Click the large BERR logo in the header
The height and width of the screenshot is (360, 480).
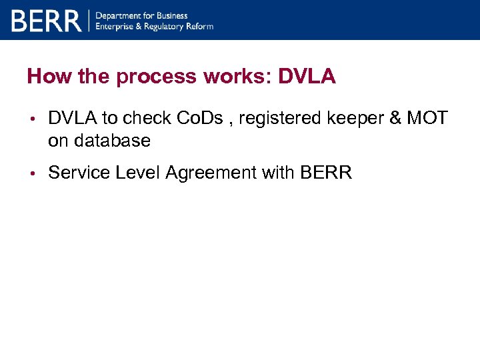(x=45, y=20)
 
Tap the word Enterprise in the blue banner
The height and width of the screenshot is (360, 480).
(x=117, y=26)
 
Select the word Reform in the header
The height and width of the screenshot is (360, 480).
(x=199, y=26)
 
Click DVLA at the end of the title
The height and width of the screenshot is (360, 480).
(x=307, y=77)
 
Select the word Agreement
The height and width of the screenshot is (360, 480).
(x=210, y=173)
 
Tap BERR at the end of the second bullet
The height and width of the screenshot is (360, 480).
(x=326, y=173)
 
